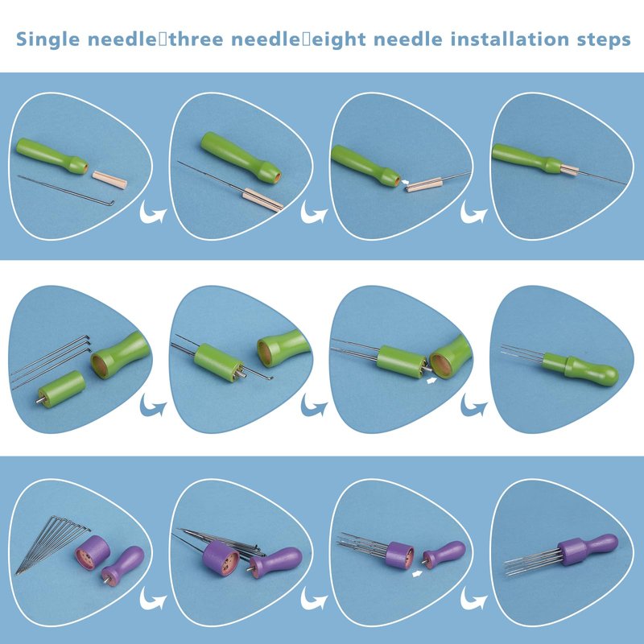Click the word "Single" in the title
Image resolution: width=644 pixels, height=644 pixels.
[47, 39]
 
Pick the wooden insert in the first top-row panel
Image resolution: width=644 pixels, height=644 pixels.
[109, 180]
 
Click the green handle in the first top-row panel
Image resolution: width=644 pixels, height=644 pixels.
[52, 155]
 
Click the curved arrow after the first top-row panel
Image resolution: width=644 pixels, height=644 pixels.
[153, 213]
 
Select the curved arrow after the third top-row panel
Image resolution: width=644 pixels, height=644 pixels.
[473, 213]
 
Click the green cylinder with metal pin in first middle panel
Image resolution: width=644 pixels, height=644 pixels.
[61, 389]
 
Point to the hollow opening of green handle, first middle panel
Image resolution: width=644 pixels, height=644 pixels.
[100, 366]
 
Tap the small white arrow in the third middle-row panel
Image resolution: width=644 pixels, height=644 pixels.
[431, 381]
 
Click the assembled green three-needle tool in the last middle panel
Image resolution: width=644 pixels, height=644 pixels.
[560, 365]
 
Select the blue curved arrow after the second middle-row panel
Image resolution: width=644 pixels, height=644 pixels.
[314, 405]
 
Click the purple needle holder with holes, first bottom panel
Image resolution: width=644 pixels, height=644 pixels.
[93, 552]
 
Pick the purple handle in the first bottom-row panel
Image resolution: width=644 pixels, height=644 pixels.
[123, 566]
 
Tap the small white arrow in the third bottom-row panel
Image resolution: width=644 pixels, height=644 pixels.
[417, 573]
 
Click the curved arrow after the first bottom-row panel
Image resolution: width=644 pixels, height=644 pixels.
[153, 598]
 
